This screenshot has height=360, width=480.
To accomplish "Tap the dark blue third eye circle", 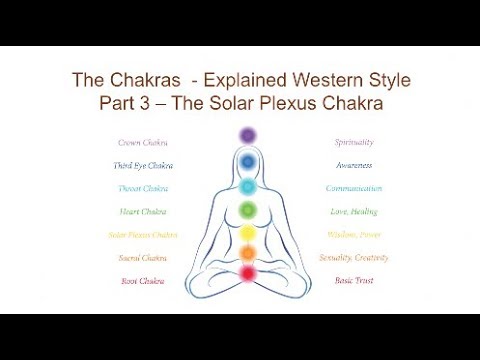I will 247,160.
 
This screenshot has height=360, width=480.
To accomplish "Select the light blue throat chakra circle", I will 247,186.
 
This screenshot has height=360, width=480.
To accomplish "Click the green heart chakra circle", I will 247,211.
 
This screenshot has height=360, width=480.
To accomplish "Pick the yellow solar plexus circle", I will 247,234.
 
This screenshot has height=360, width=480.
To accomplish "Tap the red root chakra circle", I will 247,272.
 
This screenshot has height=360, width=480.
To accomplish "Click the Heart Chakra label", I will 141,211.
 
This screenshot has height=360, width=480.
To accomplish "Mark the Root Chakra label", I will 141,281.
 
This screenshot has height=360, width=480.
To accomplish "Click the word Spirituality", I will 353,143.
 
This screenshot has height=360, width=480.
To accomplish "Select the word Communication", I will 353,188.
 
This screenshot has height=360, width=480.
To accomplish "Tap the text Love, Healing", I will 353,211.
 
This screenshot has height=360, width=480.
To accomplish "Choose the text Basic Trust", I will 353,281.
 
